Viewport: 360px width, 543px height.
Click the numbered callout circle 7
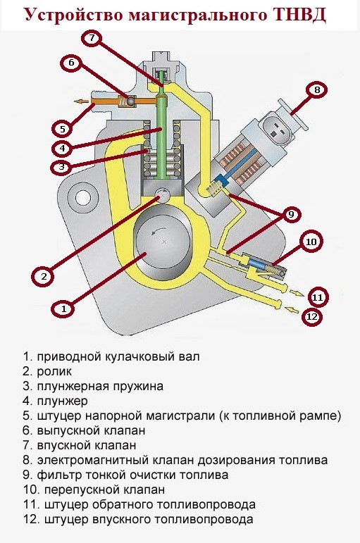[92, 38]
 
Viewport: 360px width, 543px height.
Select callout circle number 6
[72, 63]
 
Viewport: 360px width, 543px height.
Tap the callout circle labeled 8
[317, 89]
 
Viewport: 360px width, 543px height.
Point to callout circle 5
[62, 129]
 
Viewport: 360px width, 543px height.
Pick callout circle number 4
[63, 149]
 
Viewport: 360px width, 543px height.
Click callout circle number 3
[63, 167]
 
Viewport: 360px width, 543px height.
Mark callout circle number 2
[43, 276]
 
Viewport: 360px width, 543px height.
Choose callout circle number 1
[63, 308]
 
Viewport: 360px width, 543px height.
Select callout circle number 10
[311, 241]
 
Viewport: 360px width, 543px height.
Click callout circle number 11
[317, 297]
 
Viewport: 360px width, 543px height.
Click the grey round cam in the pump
[163, 243]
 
